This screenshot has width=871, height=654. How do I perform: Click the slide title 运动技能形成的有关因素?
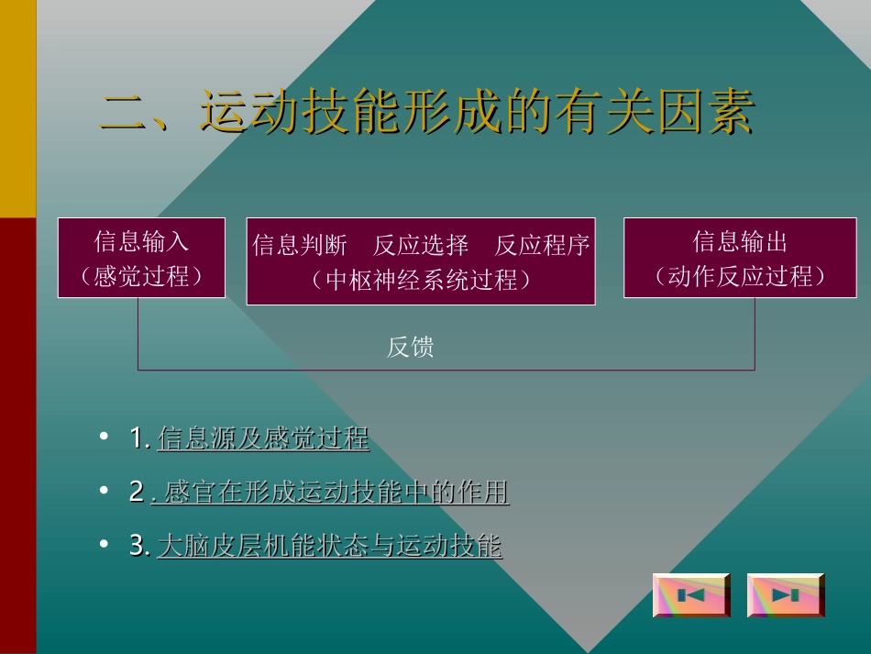coord(477,114)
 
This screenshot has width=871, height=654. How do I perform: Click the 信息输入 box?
coord(141,242)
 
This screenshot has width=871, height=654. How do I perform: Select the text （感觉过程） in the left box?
coord(141,275)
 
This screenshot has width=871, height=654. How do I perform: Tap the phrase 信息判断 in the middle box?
coord(299,246)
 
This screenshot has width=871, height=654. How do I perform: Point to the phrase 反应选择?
coord(421,246)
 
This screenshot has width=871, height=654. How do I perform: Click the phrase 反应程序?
coord(542,246)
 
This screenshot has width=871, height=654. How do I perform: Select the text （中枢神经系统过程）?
coord(421,279)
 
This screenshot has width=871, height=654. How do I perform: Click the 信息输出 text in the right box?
coord(740,242)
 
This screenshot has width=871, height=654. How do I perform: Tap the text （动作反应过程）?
coord(740,276)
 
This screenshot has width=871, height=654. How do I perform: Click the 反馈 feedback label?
coord(410,347)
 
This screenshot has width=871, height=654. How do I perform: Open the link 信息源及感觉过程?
coord(263,439)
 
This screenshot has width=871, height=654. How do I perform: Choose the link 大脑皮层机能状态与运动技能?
coord(330,547)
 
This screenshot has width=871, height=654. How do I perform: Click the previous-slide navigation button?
coord(691,595)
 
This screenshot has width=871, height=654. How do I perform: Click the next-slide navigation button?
coord(786,595)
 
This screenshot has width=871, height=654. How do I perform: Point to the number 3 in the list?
coord(137,547)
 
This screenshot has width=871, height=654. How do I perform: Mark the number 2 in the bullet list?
coord(137,493)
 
